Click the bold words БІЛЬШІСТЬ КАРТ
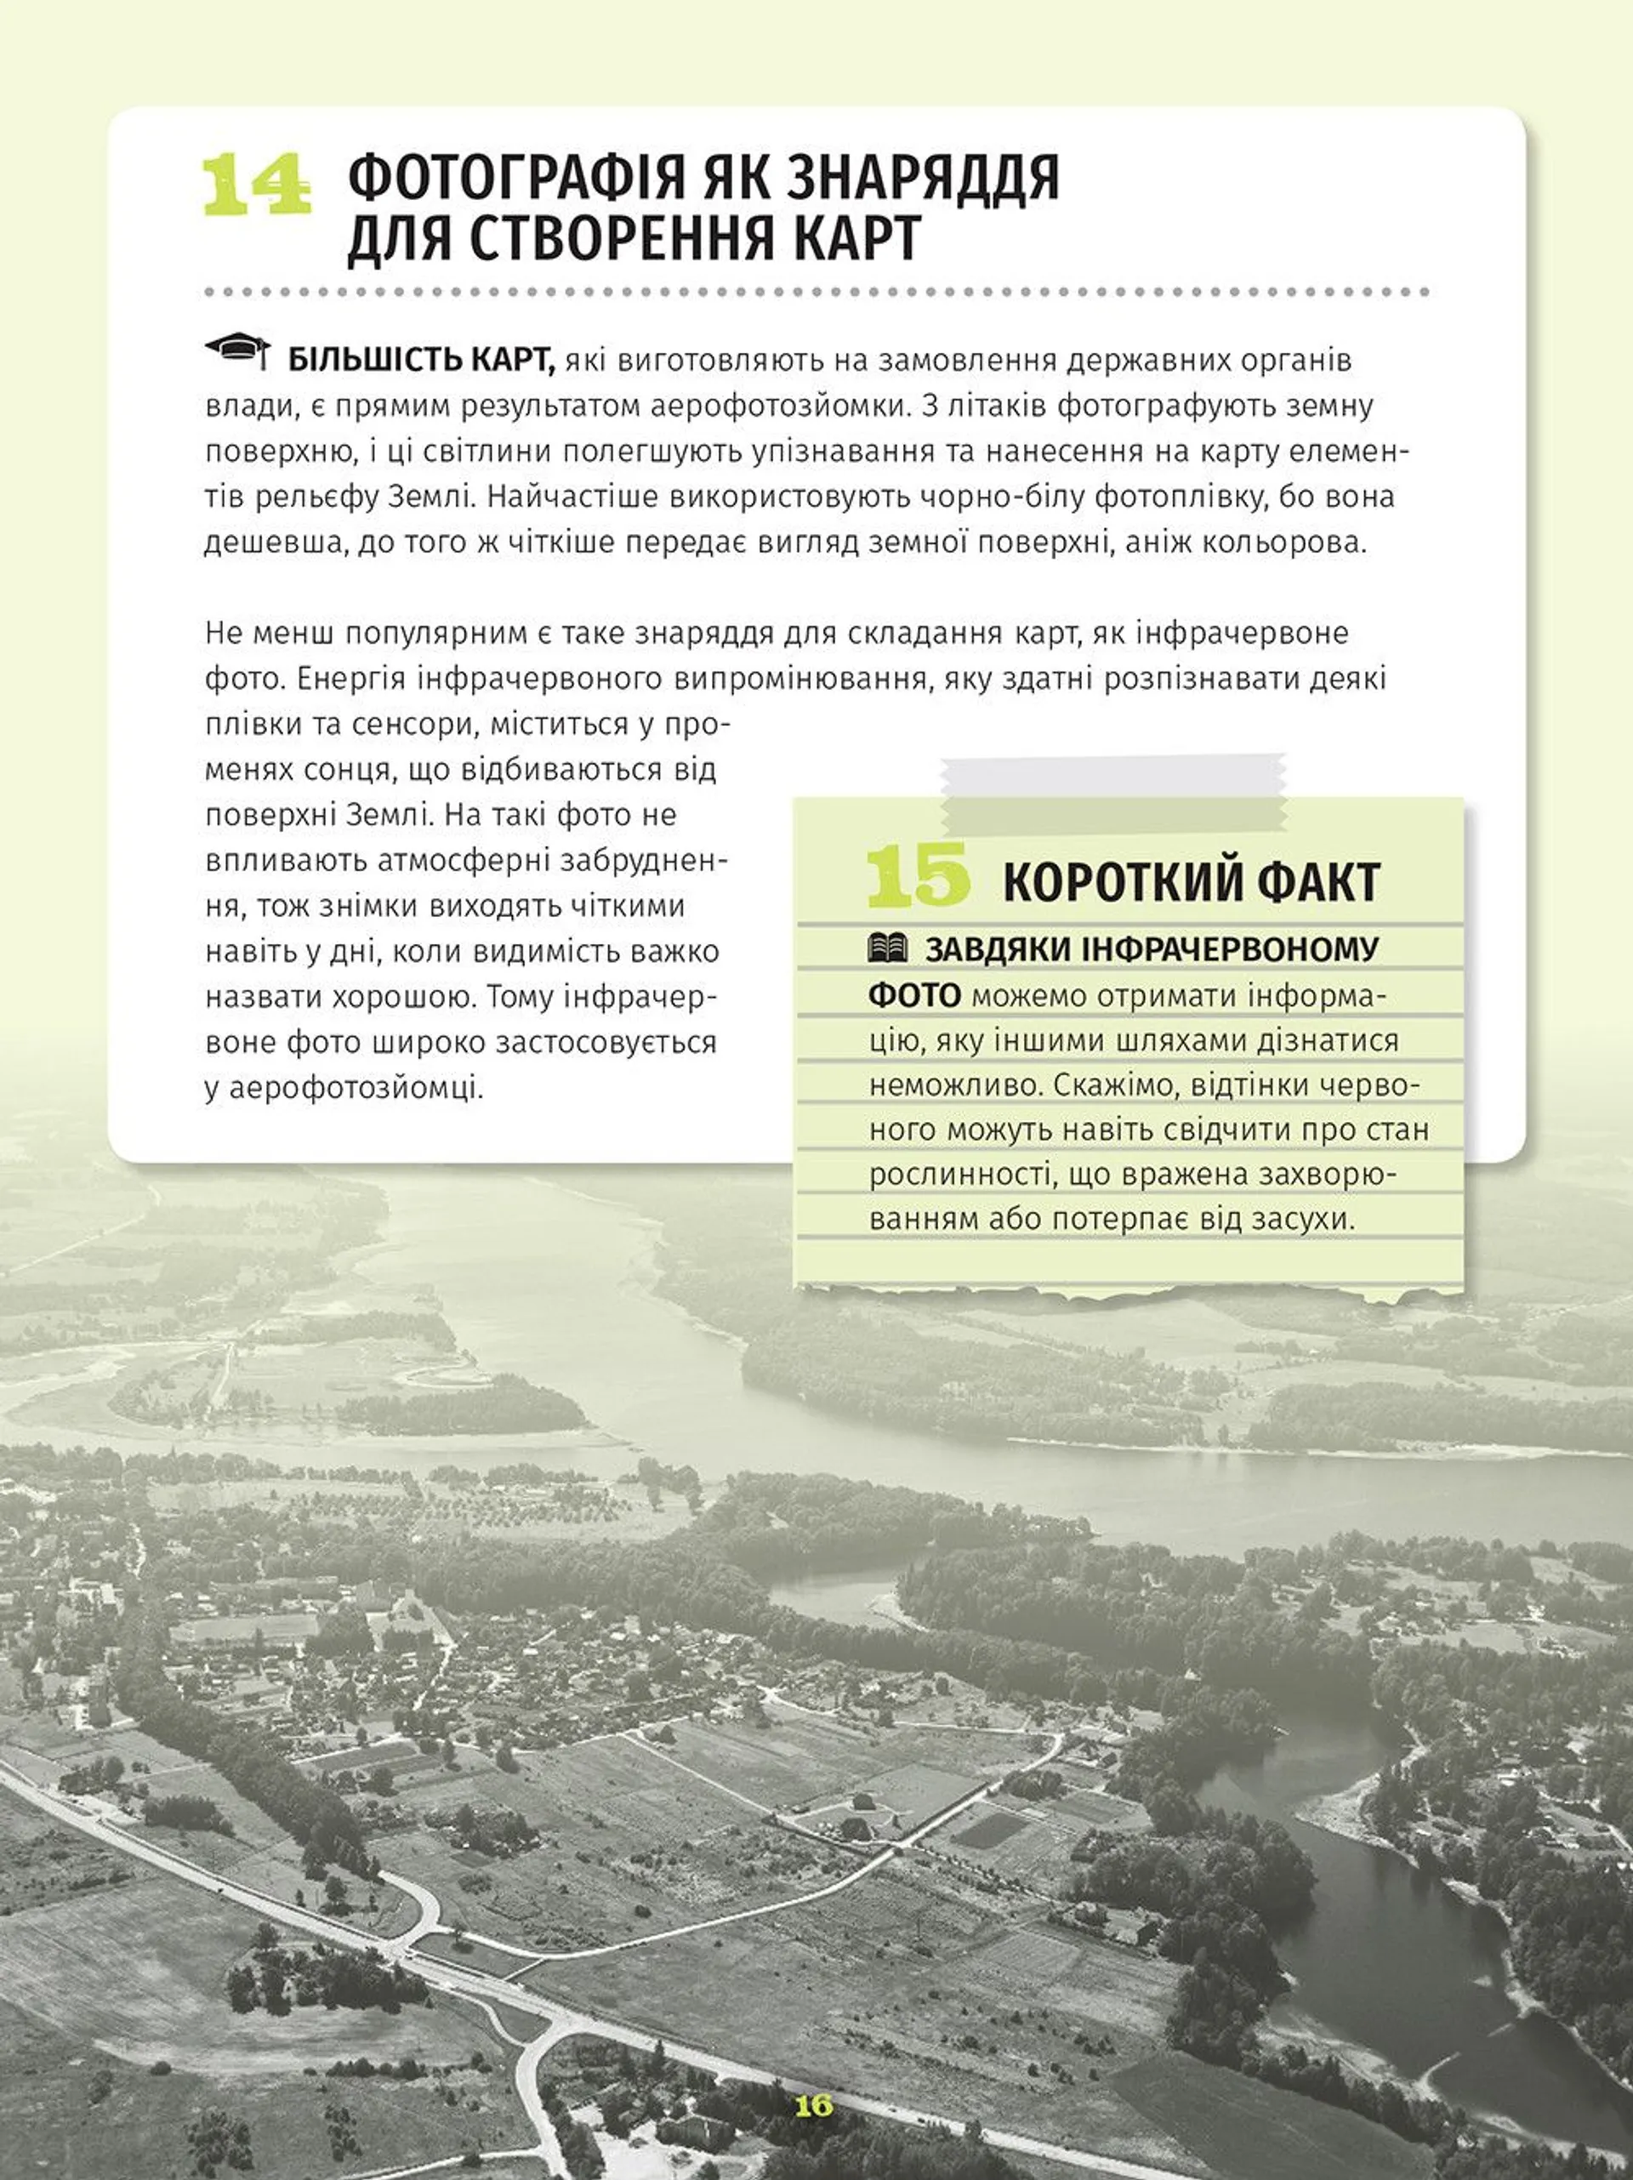tap(422, 361)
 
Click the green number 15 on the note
tap(917, 875)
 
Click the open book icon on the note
tap(888, 948)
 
